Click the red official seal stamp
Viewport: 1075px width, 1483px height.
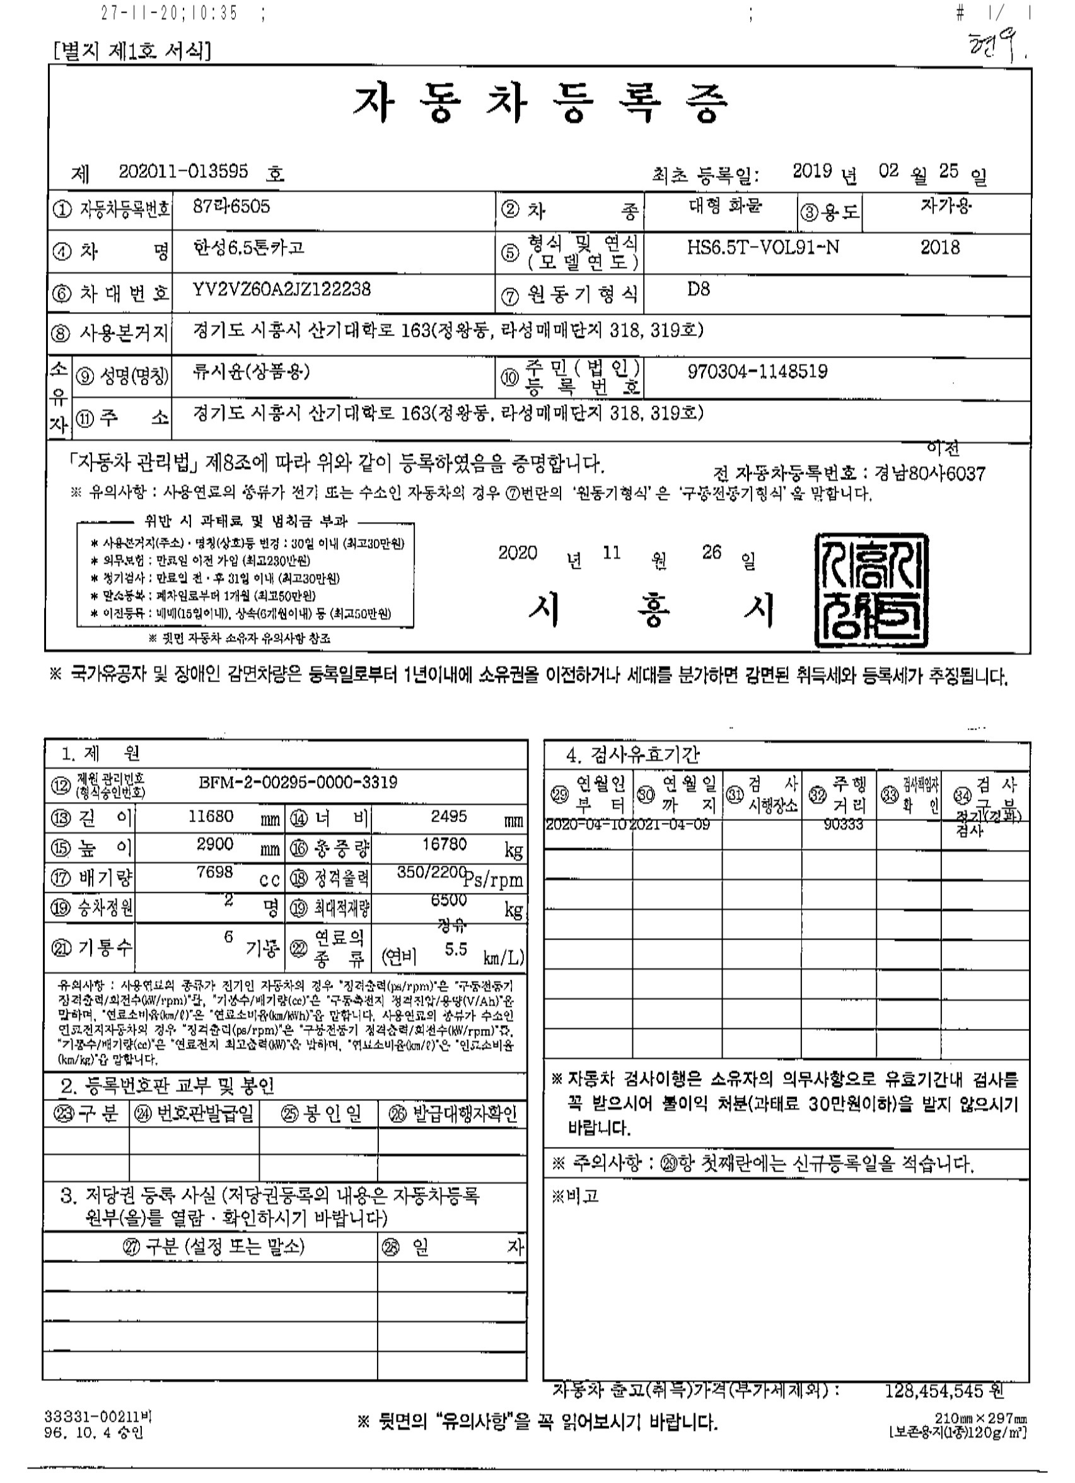pyautogui.click(x=871, y=591)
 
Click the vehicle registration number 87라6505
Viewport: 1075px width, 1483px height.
pyautogui.click(x=231, y=207)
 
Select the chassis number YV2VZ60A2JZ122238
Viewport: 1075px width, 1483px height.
pyautogui.click(x=282, y=289)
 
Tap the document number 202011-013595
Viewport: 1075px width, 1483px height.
pyautogui.click(x=183, y=172)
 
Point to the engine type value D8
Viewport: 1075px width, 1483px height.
pyautogui.click(x=699, y=289)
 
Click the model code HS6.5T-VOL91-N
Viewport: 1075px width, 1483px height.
pyautogui.click(x=763, y=248)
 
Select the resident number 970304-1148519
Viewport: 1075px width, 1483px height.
pyautogui.click(x=757, y=371)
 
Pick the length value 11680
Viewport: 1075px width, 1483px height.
pyautogui.click(x=215, y=816)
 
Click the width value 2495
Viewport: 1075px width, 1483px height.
pyautogui.click(x=448, y=816)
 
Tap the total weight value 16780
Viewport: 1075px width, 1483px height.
pyautogui.click(x=445, y=844)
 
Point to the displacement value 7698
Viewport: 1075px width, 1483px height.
pyautogui.click(x=215, y=872)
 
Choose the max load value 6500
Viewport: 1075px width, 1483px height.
pyautogui.click(x=448, y=900)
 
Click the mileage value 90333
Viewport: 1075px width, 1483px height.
pyautogui.click(x=844, y=825)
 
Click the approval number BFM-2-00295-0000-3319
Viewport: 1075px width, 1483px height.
pyautogui.click(x=298, y=782)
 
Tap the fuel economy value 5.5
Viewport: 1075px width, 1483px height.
pyautogui.click(x=456, y=950)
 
